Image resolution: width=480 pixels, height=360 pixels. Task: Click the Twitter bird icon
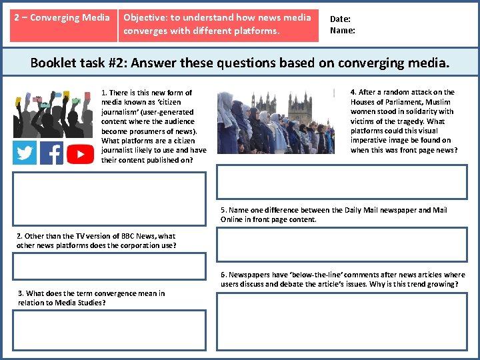tap(25, 153)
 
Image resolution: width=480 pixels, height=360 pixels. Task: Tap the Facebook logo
tap(52, 153)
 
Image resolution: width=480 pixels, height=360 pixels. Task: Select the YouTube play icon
tap(80, 154)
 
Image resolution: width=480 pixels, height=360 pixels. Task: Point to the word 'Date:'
tap(340, 19)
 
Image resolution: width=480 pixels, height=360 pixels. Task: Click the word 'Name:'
tap(343, 30)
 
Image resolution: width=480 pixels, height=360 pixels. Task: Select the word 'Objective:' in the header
tap(146, 17)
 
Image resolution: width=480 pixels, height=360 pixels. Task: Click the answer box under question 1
tap(109, 199)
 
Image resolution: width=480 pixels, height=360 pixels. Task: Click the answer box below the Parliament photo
tap(342, 182)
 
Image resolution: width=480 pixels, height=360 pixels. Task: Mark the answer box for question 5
tap(342, 245)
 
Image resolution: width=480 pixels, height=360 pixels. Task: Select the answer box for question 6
tap(342, 322)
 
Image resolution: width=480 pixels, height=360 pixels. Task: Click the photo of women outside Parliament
tap(275, 122)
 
